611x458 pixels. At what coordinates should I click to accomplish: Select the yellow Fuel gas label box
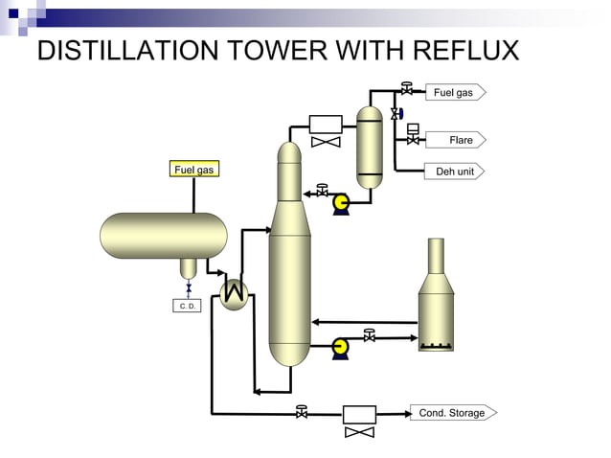(x=194, y=170)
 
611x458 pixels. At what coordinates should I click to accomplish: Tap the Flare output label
(x=459, y=140)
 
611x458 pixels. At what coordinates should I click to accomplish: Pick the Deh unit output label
(x=453, y=172)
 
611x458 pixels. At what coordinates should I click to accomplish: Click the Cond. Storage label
(x=452, y=413)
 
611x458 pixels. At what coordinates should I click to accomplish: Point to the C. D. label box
(x=188, y=307)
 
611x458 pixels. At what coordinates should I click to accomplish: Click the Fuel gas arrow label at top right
(x=453, y=92)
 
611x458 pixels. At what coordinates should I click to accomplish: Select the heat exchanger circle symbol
(x=234, y=294)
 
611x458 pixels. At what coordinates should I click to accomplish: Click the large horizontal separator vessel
(x=164, y=236)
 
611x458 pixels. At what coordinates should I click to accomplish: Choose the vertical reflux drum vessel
(x=369, y=146)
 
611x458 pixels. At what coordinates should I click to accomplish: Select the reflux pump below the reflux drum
(x=340, y=202)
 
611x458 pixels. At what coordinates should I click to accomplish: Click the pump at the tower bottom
(x=339, y=348)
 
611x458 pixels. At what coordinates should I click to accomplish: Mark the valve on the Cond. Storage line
(x=302, y=412)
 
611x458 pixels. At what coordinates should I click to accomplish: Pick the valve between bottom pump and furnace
(x=370, y=335)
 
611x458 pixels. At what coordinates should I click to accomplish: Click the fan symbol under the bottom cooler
(x=359, y=432)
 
